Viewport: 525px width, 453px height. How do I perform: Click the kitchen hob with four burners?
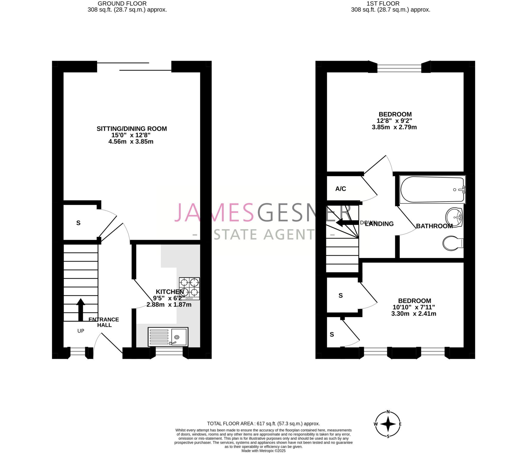[x=189, y=288]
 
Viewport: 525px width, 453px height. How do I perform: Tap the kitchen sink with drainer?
[x=168, y=337]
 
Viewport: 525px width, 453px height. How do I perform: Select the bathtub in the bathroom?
[x=432, y=189]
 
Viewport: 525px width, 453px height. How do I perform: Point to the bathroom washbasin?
[x=454, y=217]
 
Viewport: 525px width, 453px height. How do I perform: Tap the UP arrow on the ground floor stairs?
[x=81, y=309]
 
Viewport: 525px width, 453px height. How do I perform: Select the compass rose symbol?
[x=388, y=424]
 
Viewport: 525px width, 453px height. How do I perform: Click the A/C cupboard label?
[x=340, y=189]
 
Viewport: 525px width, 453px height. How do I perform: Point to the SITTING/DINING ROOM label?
[x=132, y=129]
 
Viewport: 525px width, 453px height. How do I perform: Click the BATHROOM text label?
[x=434, y=226]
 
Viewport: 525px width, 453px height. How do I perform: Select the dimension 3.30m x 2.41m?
[x=414, y=314]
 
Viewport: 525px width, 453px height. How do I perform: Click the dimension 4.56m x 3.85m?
[x=131, y=141]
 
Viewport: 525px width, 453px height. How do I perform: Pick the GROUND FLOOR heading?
[x=122, y=4]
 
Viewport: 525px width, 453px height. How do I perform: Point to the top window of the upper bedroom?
[x=399, y=68]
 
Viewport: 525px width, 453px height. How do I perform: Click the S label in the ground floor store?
[x=78, y=223]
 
